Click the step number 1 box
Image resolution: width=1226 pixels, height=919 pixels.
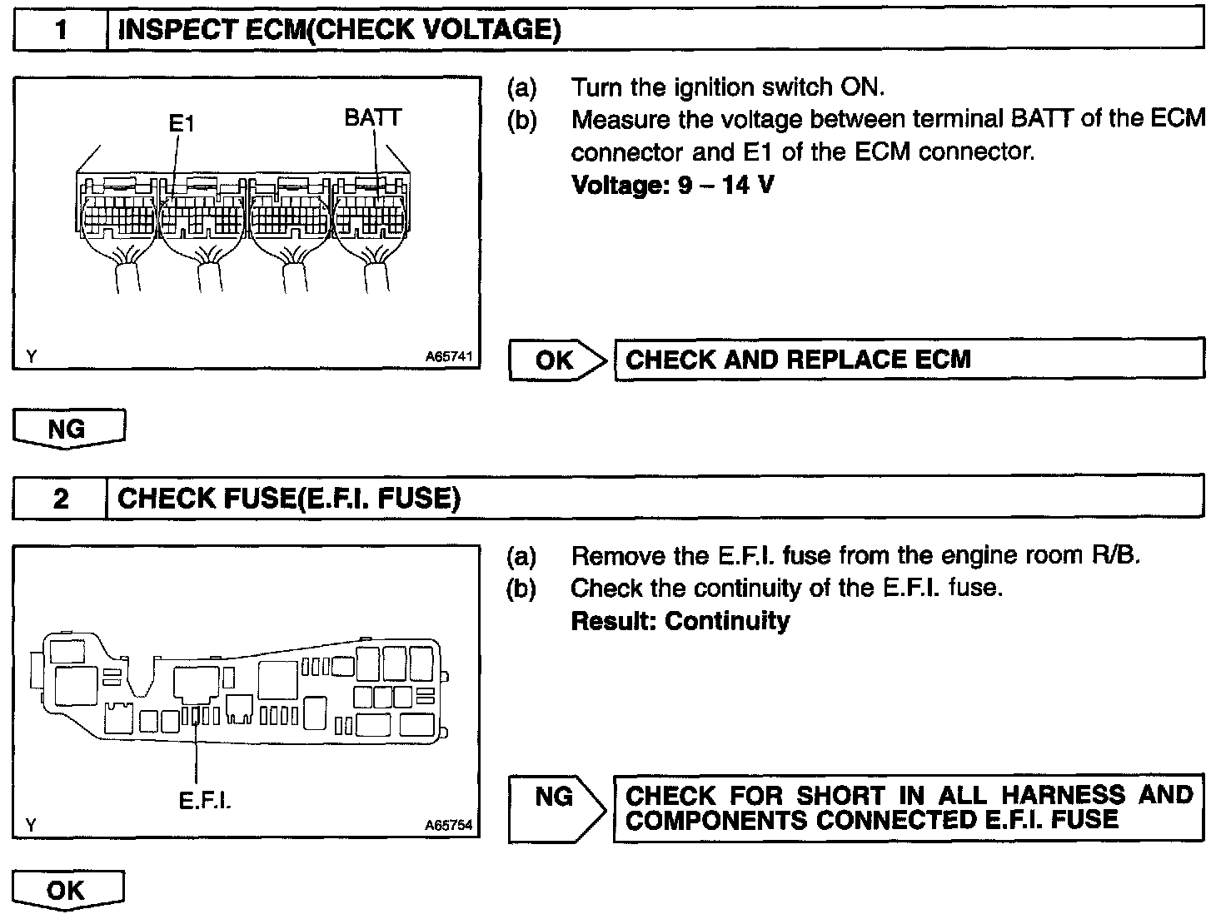click(61, 30)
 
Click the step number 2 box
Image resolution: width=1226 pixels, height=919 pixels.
click(61, 499)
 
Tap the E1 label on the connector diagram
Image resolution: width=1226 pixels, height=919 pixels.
click(181, 124)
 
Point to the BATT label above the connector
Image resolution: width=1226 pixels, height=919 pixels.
click(372, 117)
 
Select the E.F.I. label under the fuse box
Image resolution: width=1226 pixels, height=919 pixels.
click(204, 800)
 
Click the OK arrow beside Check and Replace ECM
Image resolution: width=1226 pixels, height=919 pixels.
click(556, 360)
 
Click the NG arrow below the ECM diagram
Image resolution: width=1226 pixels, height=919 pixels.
click(68, 429)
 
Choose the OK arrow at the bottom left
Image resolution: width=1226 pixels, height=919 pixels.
click(67, 891)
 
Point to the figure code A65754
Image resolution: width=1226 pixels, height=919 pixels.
click(448, 825)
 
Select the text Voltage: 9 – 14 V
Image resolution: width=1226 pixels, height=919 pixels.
click(672, 184)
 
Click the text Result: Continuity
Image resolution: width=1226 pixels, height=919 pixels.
click(680, 621)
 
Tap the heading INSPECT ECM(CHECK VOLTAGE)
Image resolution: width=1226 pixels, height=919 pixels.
click(339, 30)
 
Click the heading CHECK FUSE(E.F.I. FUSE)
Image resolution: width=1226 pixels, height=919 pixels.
click(289, 499)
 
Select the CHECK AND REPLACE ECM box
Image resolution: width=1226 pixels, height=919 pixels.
click(909, 360)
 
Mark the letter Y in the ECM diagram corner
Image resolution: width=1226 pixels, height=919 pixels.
click(31, 357)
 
